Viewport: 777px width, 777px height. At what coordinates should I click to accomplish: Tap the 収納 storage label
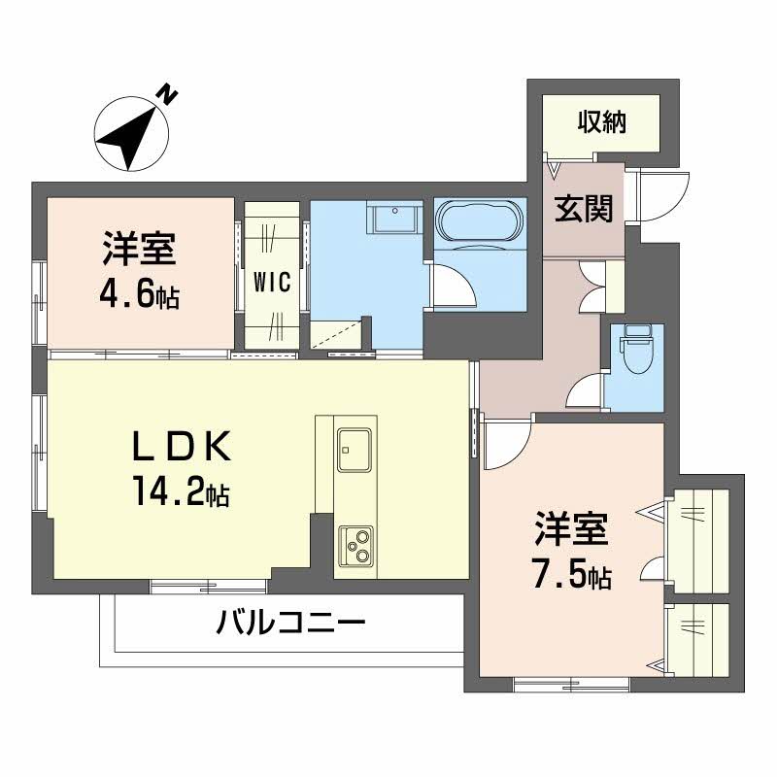[602, 123]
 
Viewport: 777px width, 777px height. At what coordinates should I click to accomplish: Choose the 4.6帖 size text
[139, 295]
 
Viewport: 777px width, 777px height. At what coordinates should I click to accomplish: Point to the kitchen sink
[355, 448]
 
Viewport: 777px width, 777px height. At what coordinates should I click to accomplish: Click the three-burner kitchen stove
[355, 546]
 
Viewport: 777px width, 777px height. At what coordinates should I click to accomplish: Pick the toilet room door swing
[586, 390]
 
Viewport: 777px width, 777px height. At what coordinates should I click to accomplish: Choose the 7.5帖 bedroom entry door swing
[505, 443]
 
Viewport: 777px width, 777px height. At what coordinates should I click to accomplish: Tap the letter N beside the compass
[170, 94]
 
